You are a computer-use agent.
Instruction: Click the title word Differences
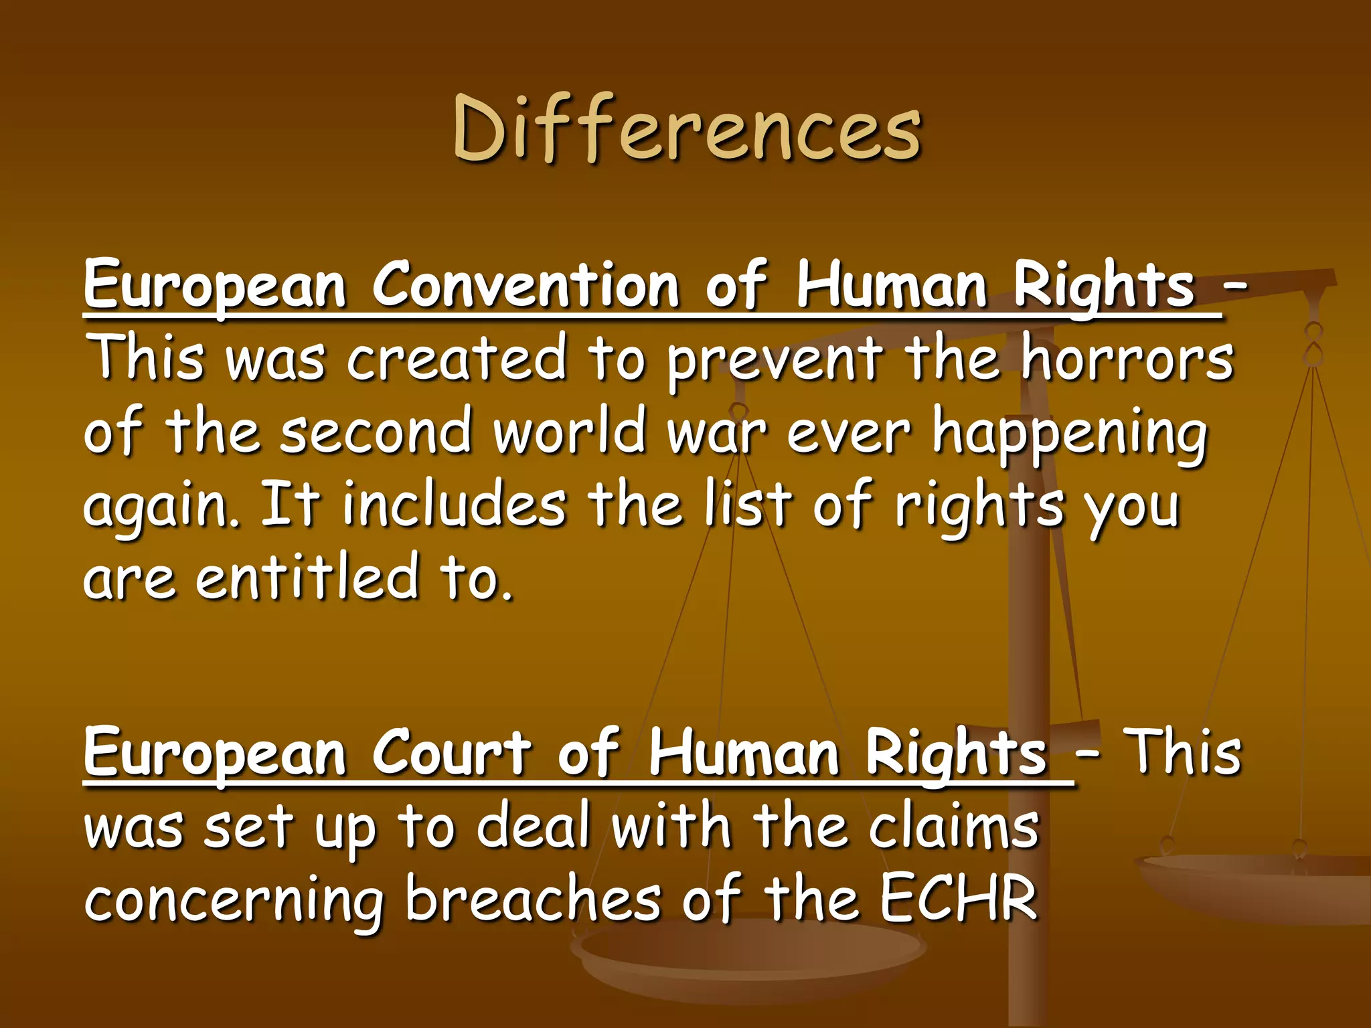coord(687,128)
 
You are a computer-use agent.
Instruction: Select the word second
coord(376,432)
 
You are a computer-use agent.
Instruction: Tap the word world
coord(570,432)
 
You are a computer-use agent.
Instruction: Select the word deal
coord(533,827)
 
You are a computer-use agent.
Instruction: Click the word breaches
coord(534,899)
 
